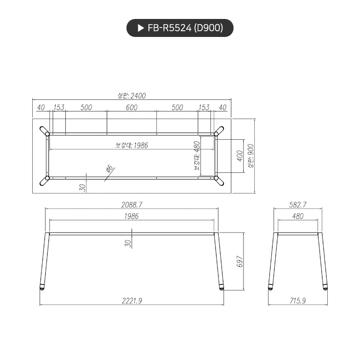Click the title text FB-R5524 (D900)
[x=185, y=28]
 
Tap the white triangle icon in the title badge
[x=140, y=28]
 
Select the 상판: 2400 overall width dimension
[x=132, y=96]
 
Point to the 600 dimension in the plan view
[x=132, y=108]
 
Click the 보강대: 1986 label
[x=132, y=145]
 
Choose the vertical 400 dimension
[x=239, y=156]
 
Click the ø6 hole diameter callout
[x=108, y=169]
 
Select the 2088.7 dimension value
[x=132, y=205]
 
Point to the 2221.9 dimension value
[x=132, y=300]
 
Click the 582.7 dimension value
[x=297, y=205]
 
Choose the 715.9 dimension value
[x=297, y=300]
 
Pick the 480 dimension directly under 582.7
[x=297, y=216]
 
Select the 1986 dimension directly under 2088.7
[x=132, y=216]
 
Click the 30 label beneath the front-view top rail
[x=127, y=243]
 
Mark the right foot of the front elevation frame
[x=222, y=287]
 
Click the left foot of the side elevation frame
[x=270, y=287]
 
